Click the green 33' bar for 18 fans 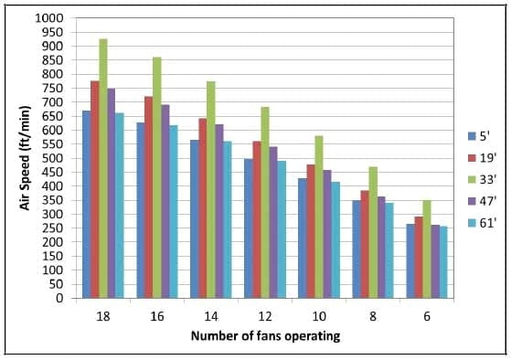pyautogui.click(x=103, y=169)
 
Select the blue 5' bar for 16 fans pyautogui.click(x=140, y=210)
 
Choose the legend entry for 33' pyautogui.click(x=480, y=177)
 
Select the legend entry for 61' pyautogui.click(x=480, y=217)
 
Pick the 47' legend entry pyautogui.click(x=480, y=197)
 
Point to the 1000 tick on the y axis pyautogui.click(x=52, y=18)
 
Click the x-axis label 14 pyautogui.click(x=211, y=313)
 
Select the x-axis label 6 pyautogui.click(x=426, y=313)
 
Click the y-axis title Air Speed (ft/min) pyautogui.click(x=26, y=159)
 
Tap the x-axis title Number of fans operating pyautogui.click(x=265, y=336)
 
